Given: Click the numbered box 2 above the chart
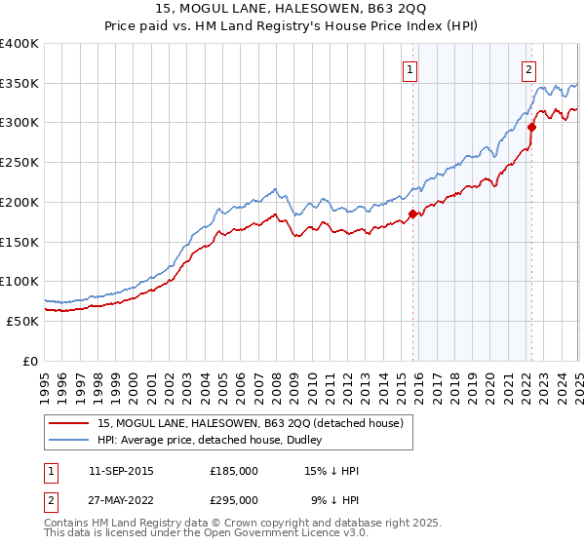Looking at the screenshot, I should [528, 69].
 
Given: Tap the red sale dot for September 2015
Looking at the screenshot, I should [412, 214].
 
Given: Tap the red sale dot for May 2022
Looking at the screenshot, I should [531, 126].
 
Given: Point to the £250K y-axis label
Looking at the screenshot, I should [19, 163].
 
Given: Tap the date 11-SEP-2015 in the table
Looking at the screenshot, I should [121, 471].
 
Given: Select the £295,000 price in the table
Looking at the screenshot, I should [234, 500].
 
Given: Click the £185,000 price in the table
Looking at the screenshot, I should [234, 471].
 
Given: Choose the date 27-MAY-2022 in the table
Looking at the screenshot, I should [121, 500].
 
